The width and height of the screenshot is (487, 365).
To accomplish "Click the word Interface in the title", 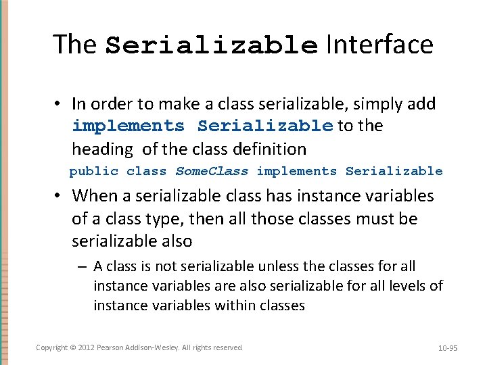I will pos(379,45).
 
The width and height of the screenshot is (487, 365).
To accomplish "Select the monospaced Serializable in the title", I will pos(212,46).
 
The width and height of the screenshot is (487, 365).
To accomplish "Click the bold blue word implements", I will pos(128,126).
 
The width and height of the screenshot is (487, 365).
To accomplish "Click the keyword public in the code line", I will pos(93,172).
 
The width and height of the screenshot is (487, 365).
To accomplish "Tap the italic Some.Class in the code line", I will pos(212,172).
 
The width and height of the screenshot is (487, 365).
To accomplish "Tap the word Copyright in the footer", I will pos(51,347).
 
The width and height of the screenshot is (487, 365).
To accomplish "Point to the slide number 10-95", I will pos(448,348).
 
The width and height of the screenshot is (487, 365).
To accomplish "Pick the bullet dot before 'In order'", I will pos(59,104).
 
